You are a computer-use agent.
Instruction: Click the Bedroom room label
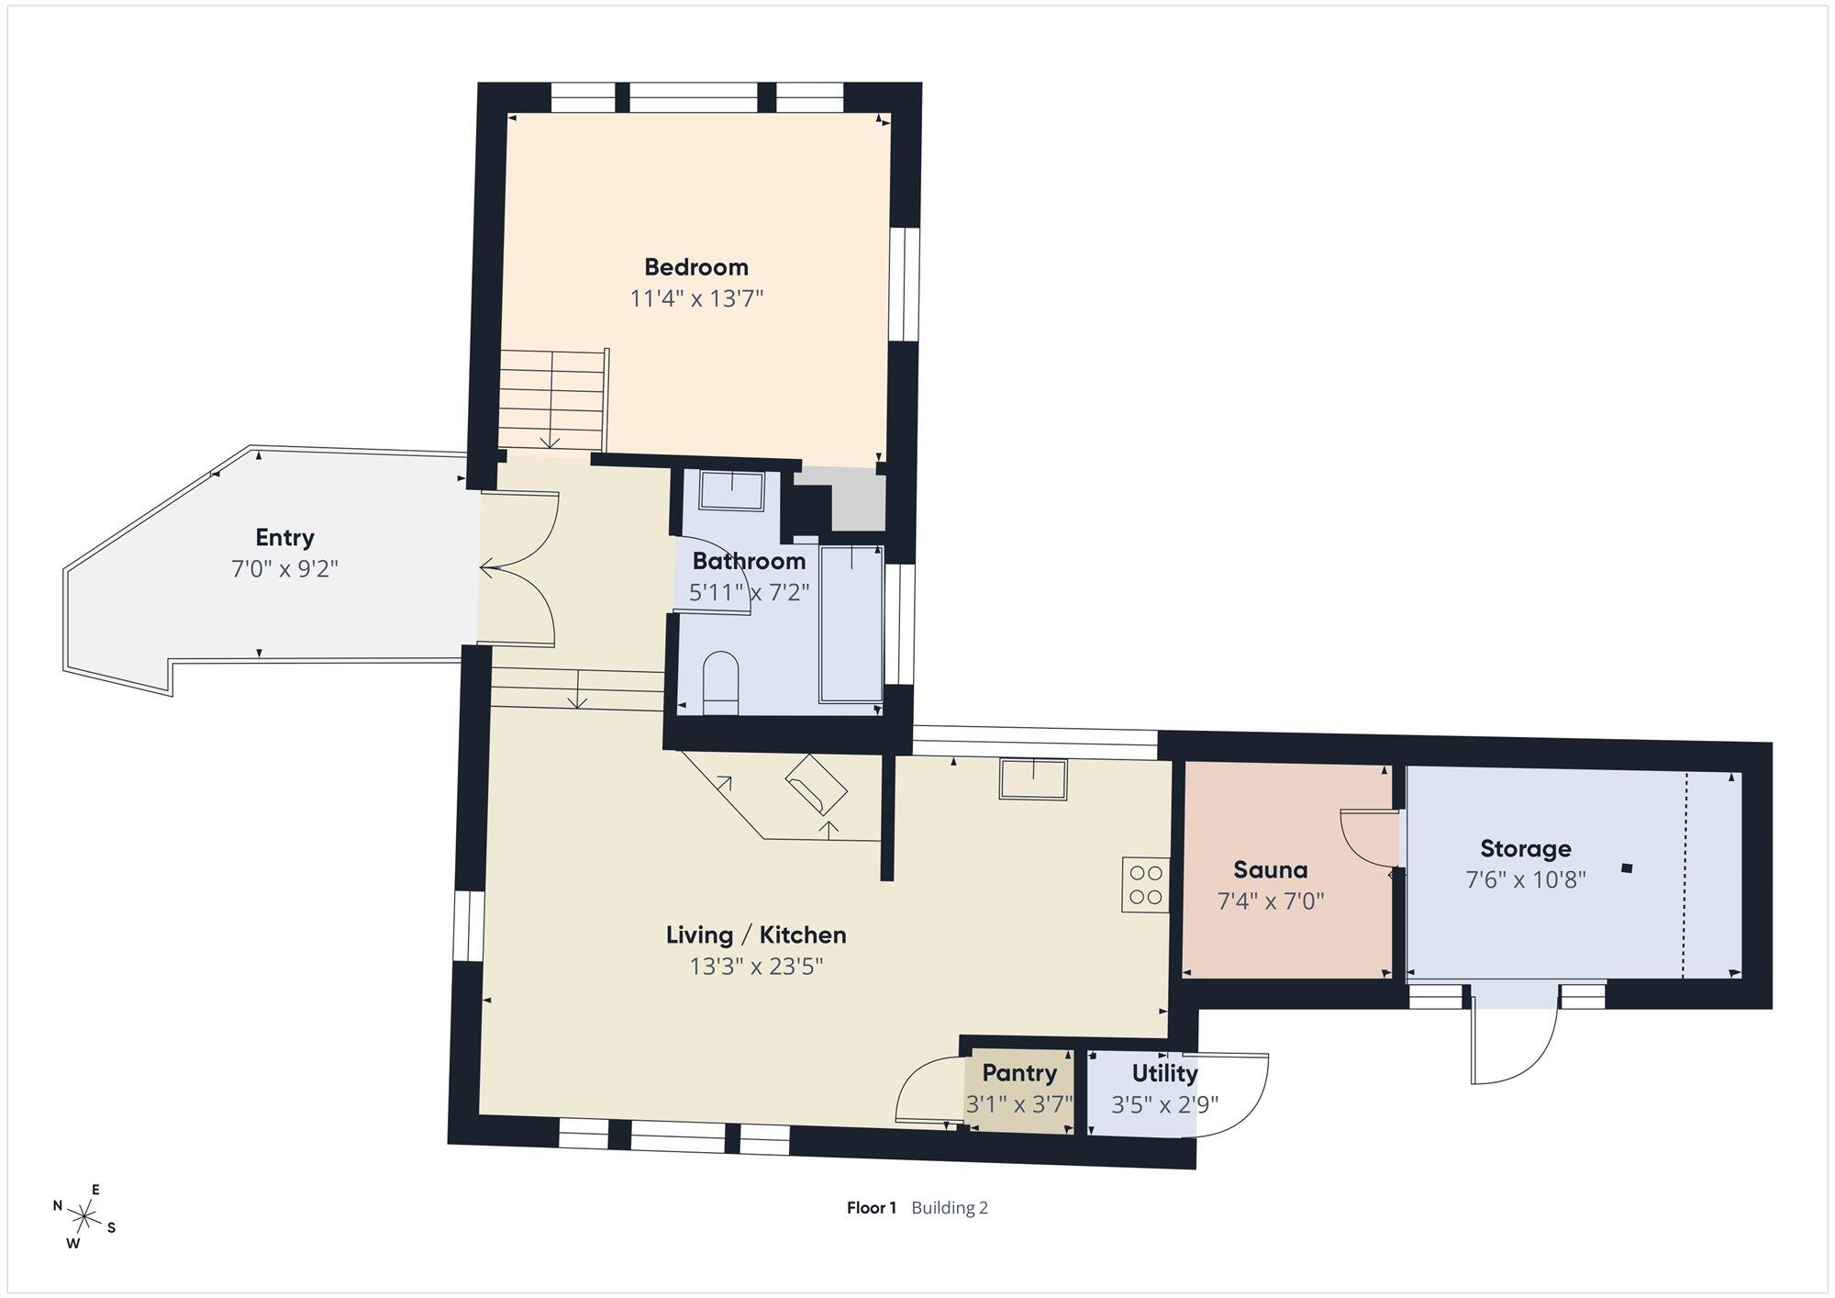[696, 267]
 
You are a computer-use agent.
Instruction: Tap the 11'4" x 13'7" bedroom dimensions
[696, 298]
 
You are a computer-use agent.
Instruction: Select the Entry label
[284, 538]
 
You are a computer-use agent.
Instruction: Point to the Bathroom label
[749, 561]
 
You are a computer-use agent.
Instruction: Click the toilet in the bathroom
[720, 683]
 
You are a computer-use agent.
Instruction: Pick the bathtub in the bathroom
[851, 623]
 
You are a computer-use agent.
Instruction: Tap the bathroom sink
[731, 491]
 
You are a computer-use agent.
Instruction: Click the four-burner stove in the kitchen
[1145, 885]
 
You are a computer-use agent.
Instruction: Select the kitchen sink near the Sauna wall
[1033, 779]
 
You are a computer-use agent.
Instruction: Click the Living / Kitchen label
[756, 935]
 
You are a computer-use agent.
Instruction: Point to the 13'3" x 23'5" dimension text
[756, 967]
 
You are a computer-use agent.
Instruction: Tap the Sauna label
[1270, 870]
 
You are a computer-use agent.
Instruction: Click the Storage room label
[1525, 849]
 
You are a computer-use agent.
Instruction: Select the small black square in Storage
[1627, 867]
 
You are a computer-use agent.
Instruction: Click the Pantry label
[1019, 1073]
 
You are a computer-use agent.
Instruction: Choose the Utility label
[1164, 1073]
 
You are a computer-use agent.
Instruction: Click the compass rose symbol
[85, 1217]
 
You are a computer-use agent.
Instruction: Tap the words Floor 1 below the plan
[871, 1208]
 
